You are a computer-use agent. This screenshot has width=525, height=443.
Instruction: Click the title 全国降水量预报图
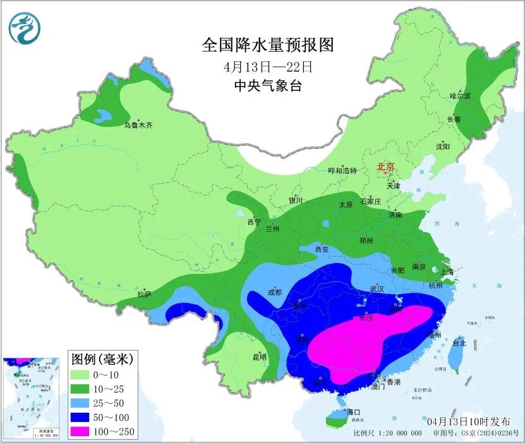(x=267, y=45)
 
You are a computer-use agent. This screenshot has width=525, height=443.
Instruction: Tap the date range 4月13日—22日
(x=267, y=66)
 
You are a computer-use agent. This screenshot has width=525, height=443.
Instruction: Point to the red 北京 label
(x=385, y=167)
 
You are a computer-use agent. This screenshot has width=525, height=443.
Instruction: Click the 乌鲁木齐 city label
(x=138, y=125)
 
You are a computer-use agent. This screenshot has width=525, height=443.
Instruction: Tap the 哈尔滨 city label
(x=461, y=96)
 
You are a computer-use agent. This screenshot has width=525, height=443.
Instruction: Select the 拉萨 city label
(x=144, y=293)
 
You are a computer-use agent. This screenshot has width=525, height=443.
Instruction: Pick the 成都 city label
(x=274, y=292)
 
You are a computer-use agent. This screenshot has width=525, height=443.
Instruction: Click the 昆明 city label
(x=260, y=357)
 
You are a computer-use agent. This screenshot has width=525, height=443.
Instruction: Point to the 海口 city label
(x=353, y=412)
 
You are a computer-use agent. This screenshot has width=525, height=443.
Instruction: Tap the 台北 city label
(x=459, y=343)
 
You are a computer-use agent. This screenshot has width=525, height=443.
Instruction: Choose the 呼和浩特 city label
(x=342, y=170)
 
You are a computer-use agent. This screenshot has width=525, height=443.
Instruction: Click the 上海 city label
(x=447, y=272)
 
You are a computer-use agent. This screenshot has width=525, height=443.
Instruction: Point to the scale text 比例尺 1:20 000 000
(x=387, y=433)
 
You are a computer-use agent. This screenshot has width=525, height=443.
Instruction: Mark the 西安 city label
(x=322, y=249)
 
